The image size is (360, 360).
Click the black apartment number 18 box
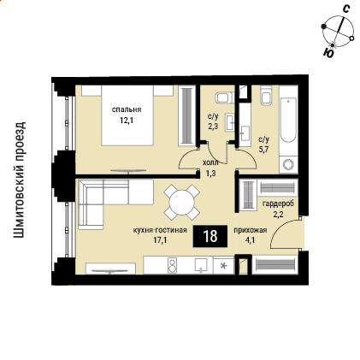210,236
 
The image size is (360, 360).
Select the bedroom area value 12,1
127,121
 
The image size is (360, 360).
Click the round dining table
181,203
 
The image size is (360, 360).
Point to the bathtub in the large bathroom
288,120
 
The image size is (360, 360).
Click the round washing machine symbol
288,165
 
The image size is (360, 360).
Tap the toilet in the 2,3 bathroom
224,97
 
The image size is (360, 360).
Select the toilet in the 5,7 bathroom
266,96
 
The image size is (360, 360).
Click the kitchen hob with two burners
173,265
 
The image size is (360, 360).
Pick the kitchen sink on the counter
202,264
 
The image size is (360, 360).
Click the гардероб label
278,204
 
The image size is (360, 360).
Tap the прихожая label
251,230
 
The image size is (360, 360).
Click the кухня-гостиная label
160,230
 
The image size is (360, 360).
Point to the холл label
210,163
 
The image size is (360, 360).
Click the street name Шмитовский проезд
20,180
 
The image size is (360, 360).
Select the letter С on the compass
345,9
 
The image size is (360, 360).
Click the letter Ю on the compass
329,53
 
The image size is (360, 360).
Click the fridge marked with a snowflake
223,265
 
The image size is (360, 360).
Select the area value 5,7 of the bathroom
264,149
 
